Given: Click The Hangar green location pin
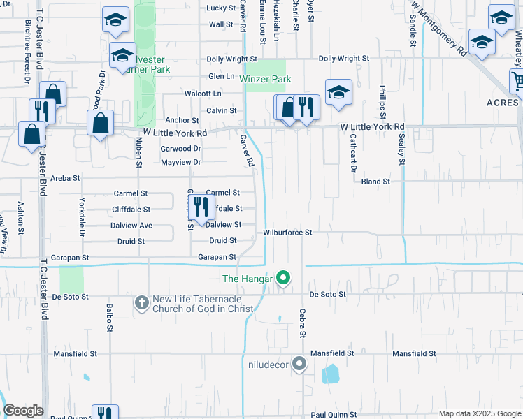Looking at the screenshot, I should pyautogui.click(x=283, y=279).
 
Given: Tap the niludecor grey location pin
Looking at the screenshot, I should pyautogui.click(x=300, y=364).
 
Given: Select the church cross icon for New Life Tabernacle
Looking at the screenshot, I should pyautogui.click(x=141, y=302).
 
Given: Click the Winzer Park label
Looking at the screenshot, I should pyautogui.click(x=264, y=80).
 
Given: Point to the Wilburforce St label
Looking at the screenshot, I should pyautogui.click(x=287, y=232).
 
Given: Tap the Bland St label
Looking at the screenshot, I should pyautogui.click(x=375, y=182).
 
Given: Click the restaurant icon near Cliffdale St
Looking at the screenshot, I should pyautogui.click(x=201, y=207).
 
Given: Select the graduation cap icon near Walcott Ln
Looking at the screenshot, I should pyautogui.click(x=338, y=93).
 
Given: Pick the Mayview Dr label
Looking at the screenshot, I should pyautogui.click(x=180, y=163).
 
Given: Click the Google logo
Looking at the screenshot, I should pyautogui.click(x=24, y=411).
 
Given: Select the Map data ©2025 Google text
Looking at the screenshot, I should pyautogui.click(x=479, y=413).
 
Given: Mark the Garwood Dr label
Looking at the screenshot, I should pyautogui.click(x=180, y=149).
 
